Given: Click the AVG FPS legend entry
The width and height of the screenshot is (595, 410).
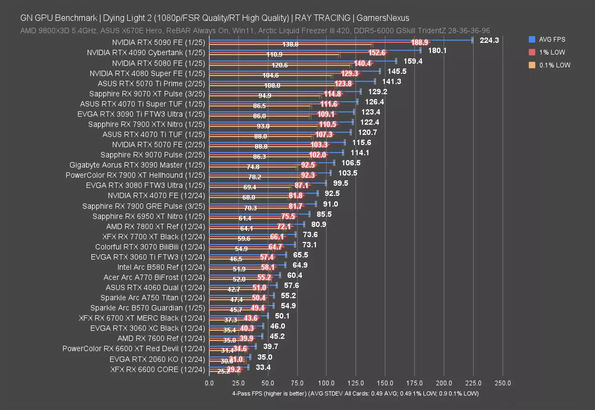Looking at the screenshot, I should tap(552, 40).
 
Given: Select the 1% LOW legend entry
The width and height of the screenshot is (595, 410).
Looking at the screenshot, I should tap(551, 52).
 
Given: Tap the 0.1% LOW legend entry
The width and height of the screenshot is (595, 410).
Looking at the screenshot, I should tap(554, 65).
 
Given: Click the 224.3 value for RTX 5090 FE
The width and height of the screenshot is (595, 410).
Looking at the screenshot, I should tap(489, 40).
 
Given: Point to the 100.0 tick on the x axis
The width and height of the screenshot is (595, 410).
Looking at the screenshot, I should tap(326, 383).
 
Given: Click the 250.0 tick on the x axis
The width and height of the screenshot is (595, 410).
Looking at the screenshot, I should tap(503, 383).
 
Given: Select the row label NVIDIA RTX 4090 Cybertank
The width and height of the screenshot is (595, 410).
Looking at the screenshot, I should tap(146, 53).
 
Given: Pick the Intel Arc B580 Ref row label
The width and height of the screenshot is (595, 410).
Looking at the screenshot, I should tap(161, 267).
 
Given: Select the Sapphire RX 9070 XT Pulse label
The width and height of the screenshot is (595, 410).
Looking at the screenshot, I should tap(147, 94).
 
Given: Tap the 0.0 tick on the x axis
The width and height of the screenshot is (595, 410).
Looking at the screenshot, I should tap(209, 383).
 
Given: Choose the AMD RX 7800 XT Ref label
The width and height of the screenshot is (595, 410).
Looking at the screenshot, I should tap(156, 226).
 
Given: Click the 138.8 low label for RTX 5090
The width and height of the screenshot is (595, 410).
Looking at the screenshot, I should tap(290, 45).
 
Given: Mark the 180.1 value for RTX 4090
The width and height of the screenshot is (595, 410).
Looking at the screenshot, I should tap(437, 51).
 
